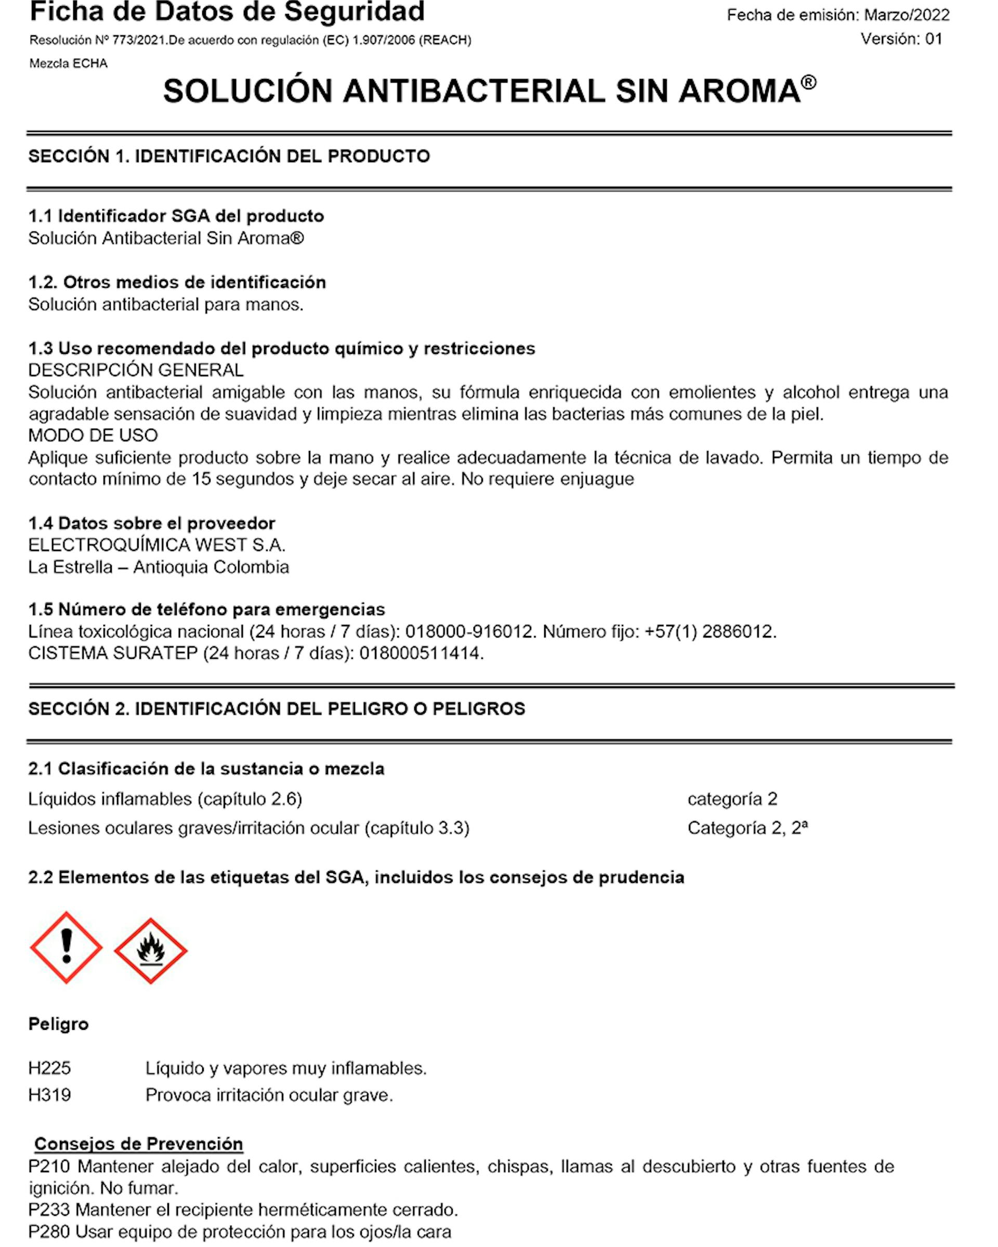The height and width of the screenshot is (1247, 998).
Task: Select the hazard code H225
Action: click(x=50, y=1068)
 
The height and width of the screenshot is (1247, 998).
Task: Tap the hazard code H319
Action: click(x=50, y=1095)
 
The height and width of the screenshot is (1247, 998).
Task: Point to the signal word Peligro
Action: click(x=58, y=1024)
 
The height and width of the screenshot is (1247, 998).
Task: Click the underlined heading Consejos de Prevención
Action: click(x=138, y=1144)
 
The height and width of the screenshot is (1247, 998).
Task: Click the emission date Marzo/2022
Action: click(x=907, y=15)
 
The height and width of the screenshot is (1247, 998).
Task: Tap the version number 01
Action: click(x=934, y=39)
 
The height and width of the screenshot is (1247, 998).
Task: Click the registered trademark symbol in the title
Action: click(x=809, y=82)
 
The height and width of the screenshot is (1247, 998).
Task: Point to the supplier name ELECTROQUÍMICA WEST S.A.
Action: click(x=157, y=545)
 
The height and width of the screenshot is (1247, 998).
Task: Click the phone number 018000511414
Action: click(x=420, y=653)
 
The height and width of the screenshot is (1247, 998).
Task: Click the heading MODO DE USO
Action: click(x=93, y=435)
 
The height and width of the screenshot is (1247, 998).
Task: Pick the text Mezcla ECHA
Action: click(x=68, y=63)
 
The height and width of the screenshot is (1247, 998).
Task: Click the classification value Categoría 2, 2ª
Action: click(x=747, y=828)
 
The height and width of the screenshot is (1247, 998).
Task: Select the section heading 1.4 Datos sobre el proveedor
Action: click(x=152, y=523)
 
